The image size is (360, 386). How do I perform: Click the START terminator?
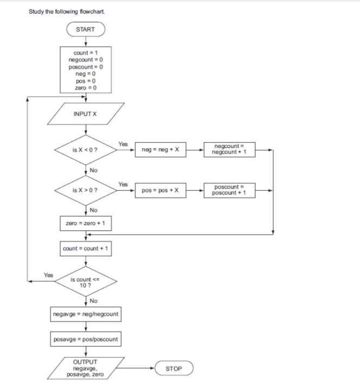[x=86, y=29]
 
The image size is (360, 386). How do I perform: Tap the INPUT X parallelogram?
[x=86, y=114]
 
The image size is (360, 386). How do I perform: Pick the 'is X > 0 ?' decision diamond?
[x=85, y=190]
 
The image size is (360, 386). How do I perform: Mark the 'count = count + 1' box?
[x=86, y=248]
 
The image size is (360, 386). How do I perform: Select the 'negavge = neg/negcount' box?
[x=86, y=314]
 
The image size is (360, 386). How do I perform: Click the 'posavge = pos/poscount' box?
[x=86, y=340]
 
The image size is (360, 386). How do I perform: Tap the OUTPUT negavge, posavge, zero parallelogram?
[x=86, y=368]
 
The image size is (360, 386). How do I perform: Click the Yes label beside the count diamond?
[x=48, y=275]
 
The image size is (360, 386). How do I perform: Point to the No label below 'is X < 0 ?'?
[x=94, y=170]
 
